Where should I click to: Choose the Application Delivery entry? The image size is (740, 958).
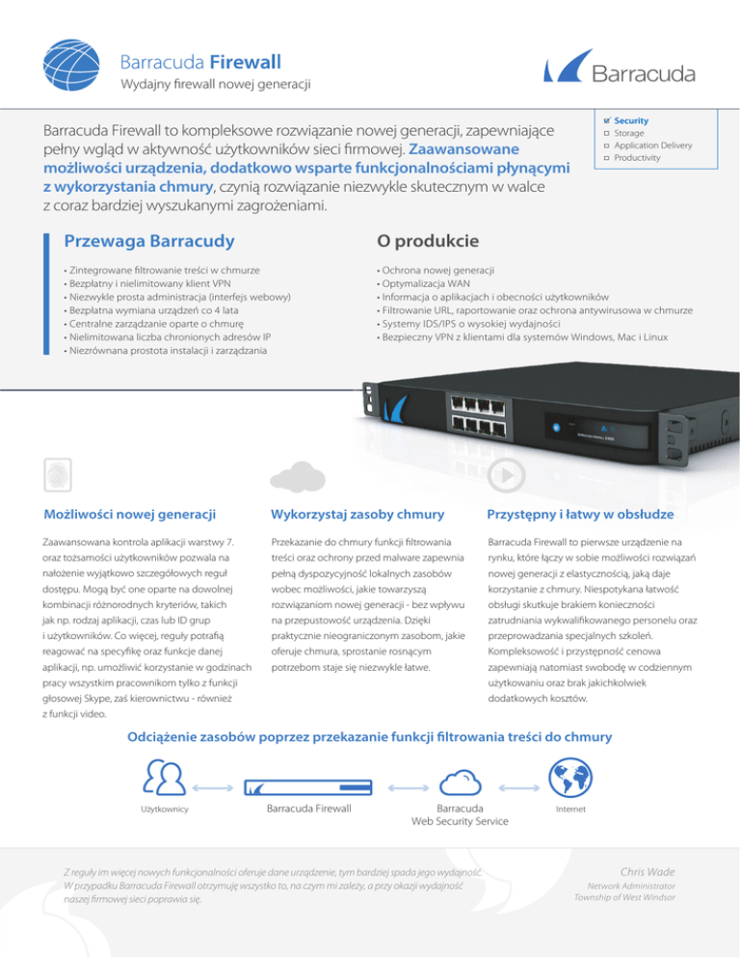652,145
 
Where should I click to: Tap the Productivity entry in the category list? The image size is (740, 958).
637,156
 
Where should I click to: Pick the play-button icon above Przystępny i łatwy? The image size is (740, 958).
508,473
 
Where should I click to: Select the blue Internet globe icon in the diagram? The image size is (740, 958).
569,772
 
